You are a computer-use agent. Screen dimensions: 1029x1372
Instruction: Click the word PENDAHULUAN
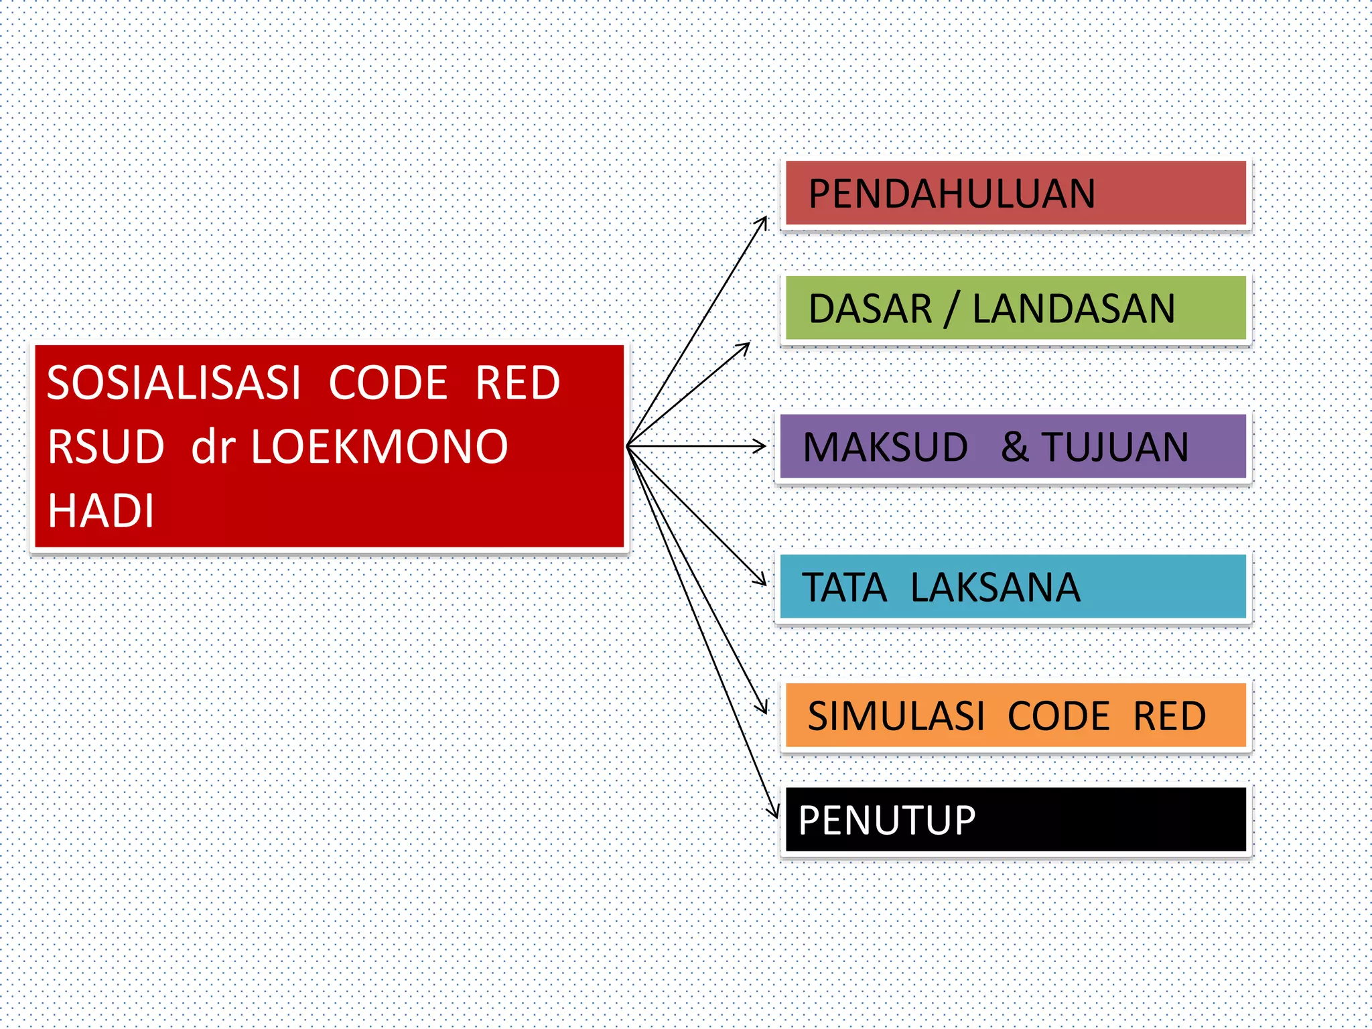[951, 194]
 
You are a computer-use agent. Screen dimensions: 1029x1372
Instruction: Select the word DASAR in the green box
[870, 309]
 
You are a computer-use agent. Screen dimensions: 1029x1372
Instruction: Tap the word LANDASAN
[1073, 309]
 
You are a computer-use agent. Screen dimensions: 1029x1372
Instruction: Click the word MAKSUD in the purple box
[885, 447]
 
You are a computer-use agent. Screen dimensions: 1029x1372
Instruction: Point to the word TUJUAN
[1115, 447]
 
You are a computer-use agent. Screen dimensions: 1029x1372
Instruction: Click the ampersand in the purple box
[1015, 447]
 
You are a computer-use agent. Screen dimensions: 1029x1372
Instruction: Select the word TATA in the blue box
[843, 588]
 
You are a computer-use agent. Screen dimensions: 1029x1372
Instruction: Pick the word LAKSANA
[995, 588]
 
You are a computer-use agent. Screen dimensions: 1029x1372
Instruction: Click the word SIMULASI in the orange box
[896, 716]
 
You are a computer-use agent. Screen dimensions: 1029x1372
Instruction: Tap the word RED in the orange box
[1169, 716]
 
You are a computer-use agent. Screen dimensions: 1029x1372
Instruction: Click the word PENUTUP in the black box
[886, 820]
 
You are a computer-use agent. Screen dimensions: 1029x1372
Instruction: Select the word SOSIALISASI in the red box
[174, 383]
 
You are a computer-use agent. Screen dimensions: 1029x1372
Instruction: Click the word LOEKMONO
[379, 447]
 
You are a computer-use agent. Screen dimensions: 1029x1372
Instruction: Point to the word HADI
[100, 510]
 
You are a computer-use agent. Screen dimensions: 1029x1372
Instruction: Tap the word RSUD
[106, 447]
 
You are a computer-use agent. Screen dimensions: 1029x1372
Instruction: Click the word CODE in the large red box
[388, 383]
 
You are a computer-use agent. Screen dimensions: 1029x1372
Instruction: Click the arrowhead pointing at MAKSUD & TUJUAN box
[761, 445]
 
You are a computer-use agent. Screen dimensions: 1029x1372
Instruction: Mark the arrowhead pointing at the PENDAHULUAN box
[763, 221]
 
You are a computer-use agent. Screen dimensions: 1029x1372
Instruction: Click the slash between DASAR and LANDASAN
[951, 309]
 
